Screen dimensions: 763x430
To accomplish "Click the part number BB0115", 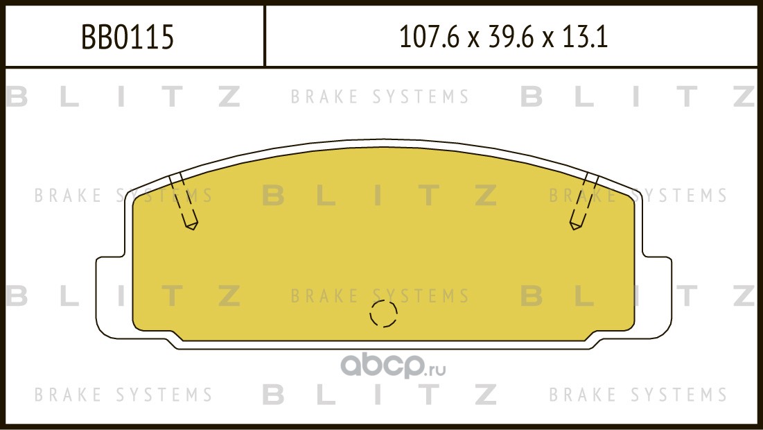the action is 128,37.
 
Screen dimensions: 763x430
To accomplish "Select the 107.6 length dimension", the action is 429,37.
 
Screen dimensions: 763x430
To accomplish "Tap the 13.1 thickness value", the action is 584,37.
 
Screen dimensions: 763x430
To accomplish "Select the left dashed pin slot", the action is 183,200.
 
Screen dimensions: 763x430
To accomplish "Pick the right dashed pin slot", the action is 584,200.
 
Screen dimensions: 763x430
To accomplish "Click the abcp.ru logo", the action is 393,366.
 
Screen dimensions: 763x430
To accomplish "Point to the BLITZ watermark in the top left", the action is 123,96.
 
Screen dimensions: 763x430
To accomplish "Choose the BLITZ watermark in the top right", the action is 638,96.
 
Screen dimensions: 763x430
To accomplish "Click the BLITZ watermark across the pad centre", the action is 380,196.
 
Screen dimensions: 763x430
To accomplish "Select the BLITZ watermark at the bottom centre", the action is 380,394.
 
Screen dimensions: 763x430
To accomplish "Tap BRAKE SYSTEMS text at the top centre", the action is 380,96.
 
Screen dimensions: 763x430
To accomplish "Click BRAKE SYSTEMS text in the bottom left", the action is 123,394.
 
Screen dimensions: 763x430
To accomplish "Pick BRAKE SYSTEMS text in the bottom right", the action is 638,394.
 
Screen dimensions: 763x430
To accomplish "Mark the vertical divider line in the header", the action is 265,36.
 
